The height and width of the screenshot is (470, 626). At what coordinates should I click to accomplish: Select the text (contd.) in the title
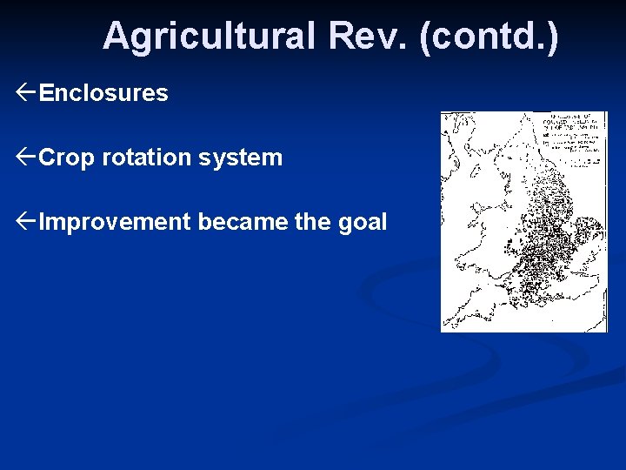tap(489, 37)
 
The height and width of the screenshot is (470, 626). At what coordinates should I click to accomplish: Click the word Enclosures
tap(103, 93)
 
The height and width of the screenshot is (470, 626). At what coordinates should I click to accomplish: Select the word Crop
tap(67, 158)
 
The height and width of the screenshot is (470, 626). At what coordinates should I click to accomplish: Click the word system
tap(250, 158)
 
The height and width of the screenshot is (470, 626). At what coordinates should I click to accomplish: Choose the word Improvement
tap(115, 222)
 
